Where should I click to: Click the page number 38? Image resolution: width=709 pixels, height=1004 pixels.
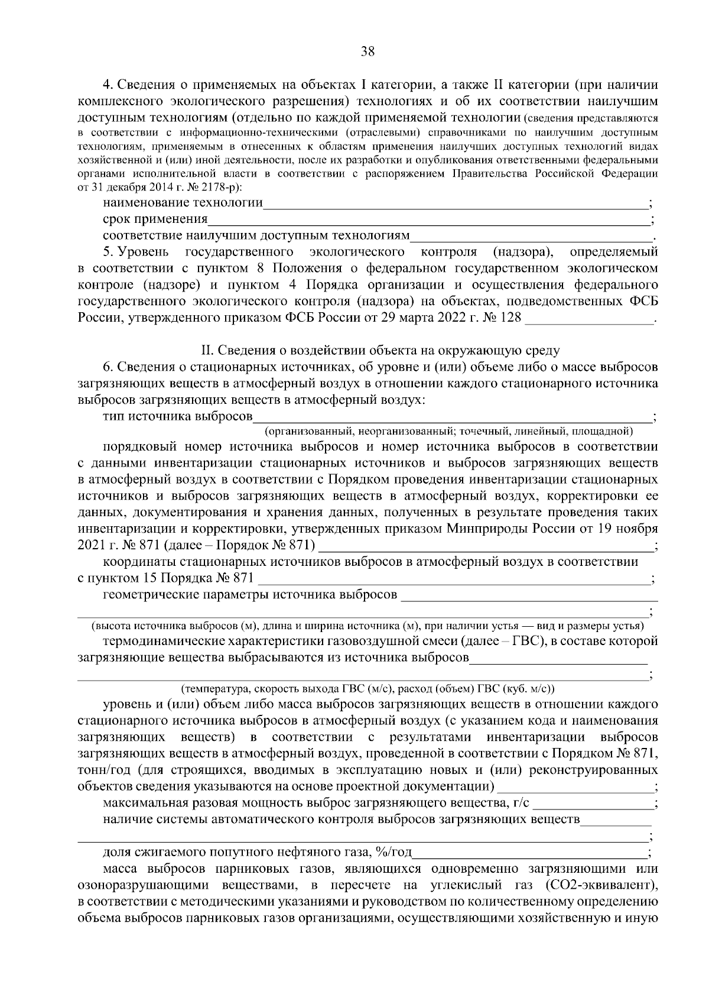point(367,51)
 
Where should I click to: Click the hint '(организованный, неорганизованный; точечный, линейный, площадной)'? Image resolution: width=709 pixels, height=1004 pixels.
point(448,430)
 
